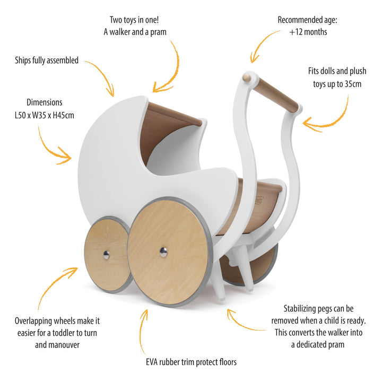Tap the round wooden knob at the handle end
point(247,77)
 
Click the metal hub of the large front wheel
point(163,252)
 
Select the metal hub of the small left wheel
point(106,255)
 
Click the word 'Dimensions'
point(45,102)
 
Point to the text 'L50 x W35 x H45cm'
point(45,115)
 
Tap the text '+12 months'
point(308,32)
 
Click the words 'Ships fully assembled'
point(47,60)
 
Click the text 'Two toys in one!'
point(135,20)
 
